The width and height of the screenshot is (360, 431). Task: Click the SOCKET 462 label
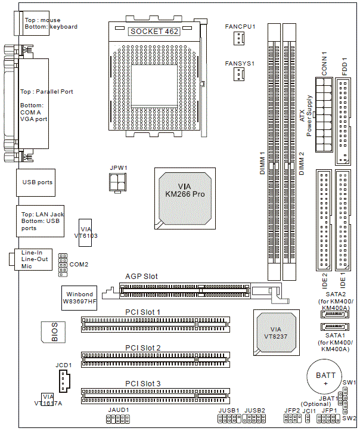click(x=154, y=30)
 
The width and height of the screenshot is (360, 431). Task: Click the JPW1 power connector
click(x=117, y=182)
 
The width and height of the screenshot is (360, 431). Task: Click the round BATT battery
click(x=325, y=377)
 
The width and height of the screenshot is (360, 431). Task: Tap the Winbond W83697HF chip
click(x=79, y=296)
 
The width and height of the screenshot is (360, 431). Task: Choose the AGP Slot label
click(x=141, y=277)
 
